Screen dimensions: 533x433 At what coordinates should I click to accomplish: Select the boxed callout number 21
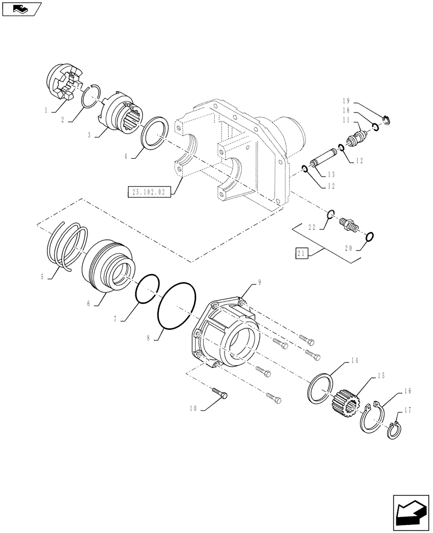pos(302,254)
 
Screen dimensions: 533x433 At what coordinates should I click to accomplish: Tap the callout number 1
pos(47,110)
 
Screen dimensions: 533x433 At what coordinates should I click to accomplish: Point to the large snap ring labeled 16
pos(373,417)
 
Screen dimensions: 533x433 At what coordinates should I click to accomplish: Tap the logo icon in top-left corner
pos(21,8)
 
